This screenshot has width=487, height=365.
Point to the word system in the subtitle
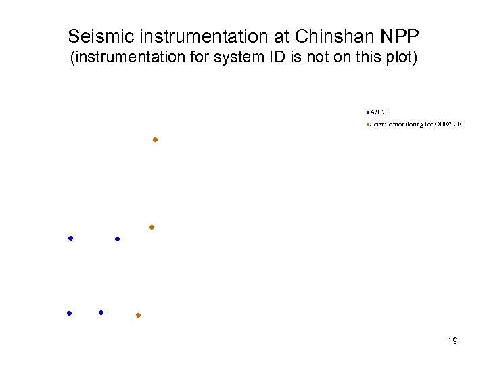(x=237, y=58)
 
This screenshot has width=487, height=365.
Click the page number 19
(x=453, y=341)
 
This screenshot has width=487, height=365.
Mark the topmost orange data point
(x=155, y=140)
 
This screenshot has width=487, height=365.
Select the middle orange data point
(x=152, y=228)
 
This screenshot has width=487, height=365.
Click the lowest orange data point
(x=138, y=316)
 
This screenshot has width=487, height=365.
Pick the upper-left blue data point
(x=70, y=239)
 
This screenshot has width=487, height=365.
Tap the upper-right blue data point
(x=118, y=239)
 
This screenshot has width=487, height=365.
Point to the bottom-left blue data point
(x=69, y=313)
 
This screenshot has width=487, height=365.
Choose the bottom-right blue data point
(x=101, y=312)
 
